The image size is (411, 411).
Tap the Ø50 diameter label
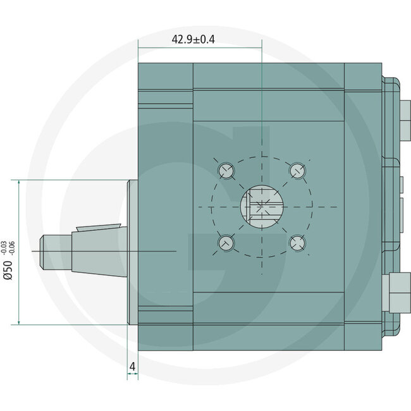[x=8, y=268]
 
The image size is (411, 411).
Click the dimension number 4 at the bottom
[x=132, y=365]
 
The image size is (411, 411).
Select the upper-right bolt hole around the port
[x=297, y=171]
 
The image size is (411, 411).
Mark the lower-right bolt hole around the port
[x=297, y=242]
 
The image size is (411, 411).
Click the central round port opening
[x=261, y=207]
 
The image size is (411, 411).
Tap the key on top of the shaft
[x=98, y=227]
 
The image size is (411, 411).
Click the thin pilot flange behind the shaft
[x=133, y=252]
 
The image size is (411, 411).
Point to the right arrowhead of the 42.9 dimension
[x=258, y=47]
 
